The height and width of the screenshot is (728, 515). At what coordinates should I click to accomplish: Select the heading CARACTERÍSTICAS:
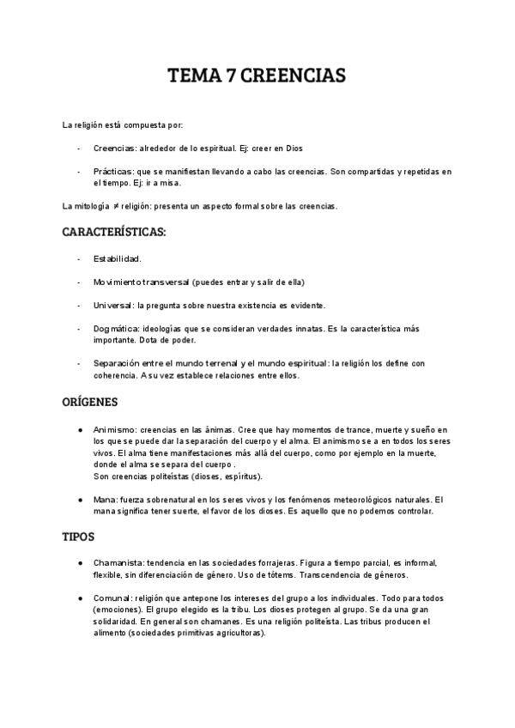(x=114, y=232)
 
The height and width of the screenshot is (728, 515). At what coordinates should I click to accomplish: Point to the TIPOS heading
(x=81, y=537)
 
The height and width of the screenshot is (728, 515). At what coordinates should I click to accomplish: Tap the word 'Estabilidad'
(x=117, y=258)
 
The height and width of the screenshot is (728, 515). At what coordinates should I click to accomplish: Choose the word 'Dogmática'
(x=116, y=329)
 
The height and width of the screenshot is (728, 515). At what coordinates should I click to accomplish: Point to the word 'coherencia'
(x=115, y=375)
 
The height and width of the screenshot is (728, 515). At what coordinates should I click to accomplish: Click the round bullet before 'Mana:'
(x=80, y=500)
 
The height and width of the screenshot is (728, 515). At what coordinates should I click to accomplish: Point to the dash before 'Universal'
(x=79, y=306)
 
